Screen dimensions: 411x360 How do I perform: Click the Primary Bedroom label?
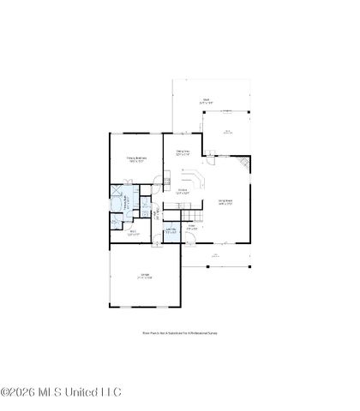coord(137,158)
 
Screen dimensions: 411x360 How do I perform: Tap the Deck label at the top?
coord(206,100)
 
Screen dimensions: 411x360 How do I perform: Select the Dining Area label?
coord(183,153)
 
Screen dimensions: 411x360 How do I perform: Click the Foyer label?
coord(194,228)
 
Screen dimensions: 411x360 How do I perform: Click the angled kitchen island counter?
coord(195,180)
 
